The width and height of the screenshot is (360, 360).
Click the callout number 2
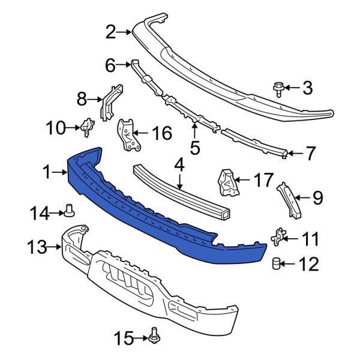tap(110, 32)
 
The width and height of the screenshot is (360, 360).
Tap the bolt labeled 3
tap(279, 89)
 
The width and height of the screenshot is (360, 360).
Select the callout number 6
tap(110, 64)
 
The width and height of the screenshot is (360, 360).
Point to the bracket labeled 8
tap(112, 103)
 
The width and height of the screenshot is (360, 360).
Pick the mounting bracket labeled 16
tap(128, 134)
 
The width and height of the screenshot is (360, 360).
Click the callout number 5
tap(194, 146)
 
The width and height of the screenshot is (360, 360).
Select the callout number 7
tap(310, 154)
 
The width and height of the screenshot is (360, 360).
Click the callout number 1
tap(47, 173)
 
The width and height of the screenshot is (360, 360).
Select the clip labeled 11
tap(279, 238)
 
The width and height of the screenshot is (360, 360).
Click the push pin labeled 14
tap(69, 210)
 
